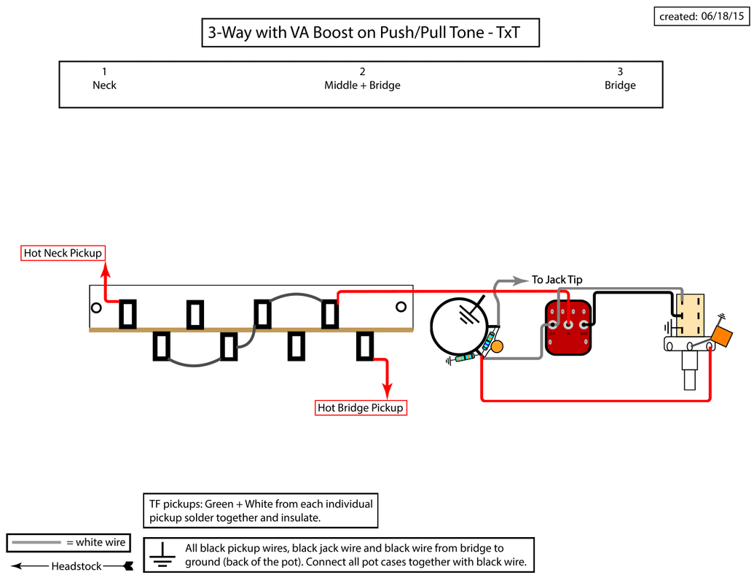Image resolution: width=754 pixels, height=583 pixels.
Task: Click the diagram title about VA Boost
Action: [370, 34]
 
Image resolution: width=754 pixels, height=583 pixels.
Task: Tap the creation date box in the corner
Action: [702, 16]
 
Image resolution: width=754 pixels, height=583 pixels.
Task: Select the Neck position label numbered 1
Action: [104, 79]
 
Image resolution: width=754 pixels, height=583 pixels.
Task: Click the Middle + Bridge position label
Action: [362, 79]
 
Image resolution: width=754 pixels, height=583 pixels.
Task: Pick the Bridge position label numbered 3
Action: [620, 79]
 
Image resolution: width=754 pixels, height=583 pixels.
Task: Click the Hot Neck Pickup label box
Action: [63, 253]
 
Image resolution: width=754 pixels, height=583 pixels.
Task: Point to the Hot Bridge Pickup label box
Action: [361, 407]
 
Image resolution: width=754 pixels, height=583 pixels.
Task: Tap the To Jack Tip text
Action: [557, 280]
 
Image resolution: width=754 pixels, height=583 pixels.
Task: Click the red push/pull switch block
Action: [568, 328]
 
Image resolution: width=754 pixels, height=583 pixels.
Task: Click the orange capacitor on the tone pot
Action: [721, 337]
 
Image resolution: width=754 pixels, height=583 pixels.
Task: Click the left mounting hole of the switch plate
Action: [96, 308]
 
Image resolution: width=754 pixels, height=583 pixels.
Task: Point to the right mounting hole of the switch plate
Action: [400, 308]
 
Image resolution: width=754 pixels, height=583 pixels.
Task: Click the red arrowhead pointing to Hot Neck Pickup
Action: [105, 268]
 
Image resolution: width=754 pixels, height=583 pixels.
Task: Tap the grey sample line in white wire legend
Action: [35, 543]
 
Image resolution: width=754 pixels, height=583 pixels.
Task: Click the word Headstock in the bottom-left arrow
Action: [76, 566]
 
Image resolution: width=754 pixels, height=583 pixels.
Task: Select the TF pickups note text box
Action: [261, 511]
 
